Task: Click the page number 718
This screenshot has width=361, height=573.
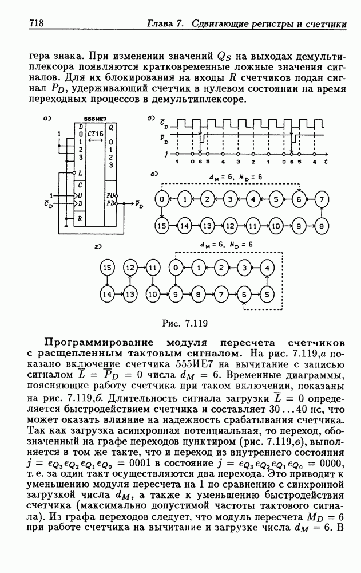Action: (x=36, y=23)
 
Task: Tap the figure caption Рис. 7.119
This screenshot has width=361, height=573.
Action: (x=185, y=323)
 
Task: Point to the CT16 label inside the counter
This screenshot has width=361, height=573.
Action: (x=95, y=134)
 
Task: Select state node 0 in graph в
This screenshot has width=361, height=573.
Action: (x=161, y=199)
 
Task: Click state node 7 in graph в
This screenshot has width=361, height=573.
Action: (x=322, y=199)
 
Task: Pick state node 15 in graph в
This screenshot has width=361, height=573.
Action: (x=161, y=226)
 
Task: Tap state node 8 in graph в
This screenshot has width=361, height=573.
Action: (x=322, y=226)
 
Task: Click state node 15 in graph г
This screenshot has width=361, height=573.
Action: (x=107, y=268)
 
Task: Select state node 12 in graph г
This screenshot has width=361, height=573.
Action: (x=130, y=268)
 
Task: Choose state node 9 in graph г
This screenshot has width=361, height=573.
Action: (x=176, y=294)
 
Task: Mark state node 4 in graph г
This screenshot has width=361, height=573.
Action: (x=267, y=268)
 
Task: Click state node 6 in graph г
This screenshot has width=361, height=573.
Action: (x=244, y=294)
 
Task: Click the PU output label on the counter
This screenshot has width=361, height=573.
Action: (x=110, y=195)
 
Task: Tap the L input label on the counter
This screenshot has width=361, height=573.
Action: (x=80, y=172)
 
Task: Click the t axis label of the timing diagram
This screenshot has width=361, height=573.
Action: (x=326, y=161)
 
